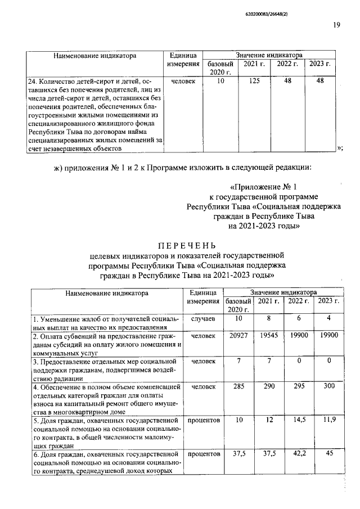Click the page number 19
(336, 25)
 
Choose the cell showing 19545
(268, 335)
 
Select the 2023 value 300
(329, 386)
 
